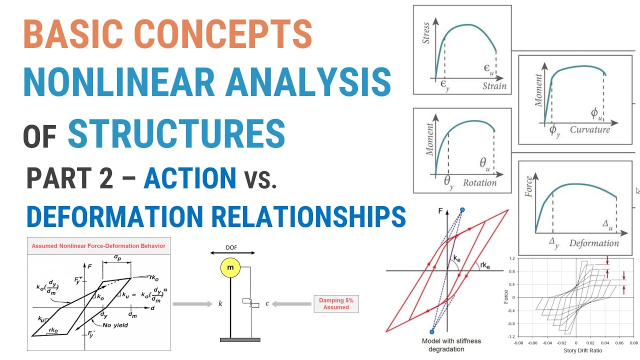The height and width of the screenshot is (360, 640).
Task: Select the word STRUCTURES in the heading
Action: tap(176, 133)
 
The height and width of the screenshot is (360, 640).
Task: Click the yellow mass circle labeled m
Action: tap(230, 268)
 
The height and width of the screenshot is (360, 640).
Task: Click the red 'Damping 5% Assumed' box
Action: tap(336, 303)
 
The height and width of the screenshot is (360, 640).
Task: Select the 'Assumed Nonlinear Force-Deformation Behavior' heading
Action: tap(98, 245)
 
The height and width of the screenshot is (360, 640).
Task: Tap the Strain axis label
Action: tap(494, 86)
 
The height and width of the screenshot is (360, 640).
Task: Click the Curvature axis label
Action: tap(590, 129)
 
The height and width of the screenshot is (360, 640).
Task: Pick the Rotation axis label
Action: tap(479, 182)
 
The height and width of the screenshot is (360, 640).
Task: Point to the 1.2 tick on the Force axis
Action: tap(511, 258)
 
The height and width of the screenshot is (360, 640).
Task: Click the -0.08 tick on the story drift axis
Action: tap(518, 343)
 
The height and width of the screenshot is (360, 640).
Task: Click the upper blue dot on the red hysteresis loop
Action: tap(462, 210)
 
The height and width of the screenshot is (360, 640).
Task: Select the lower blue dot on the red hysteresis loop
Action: tap(432, 331)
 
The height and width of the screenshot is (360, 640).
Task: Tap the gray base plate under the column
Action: tap(240, 339)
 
